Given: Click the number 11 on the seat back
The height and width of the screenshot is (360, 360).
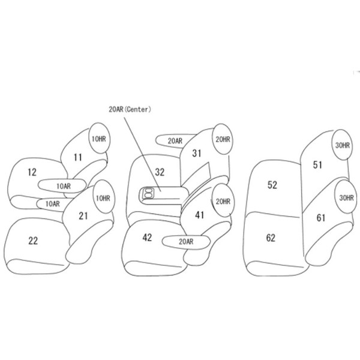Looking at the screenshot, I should [x=77, y=158].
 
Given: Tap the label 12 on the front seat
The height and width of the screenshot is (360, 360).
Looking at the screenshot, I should [x=32, y=172].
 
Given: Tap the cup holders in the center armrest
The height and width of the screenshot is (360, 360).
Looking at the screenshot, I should [x=148, y=193].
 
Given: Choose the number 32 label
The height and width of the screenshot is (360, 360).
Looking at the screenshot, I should [x=159, y=172].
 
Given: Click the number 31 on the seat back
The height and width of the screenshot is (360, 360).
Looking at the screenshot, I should [x=196, y=154].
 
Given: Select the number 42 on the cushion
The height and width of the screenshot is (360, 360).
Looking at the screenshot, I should [x=148, y=237].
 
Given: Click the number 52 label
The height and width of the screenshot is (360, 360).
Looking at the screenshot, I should [x=272, y=185].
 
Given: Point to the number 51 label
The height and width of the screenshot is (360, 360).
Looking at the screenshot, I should [x=317, y=164].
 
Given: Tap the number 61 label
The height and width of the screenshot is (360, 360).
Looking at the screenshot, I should [x=320, y=217].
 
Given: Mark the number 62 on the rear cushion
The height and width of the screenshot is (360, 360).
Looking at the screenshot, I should [x=270, y=238].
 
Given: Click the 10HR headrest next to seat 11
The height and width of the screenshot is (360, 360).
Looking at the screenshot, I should [x=98, y=139].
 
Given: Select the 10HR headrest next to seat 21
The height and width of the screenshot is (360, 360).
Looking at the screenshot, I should [x=103, y=198].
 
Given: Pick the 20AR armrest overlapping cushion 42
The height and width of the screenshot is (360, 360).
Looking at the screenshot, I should [x=186, y=241].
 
